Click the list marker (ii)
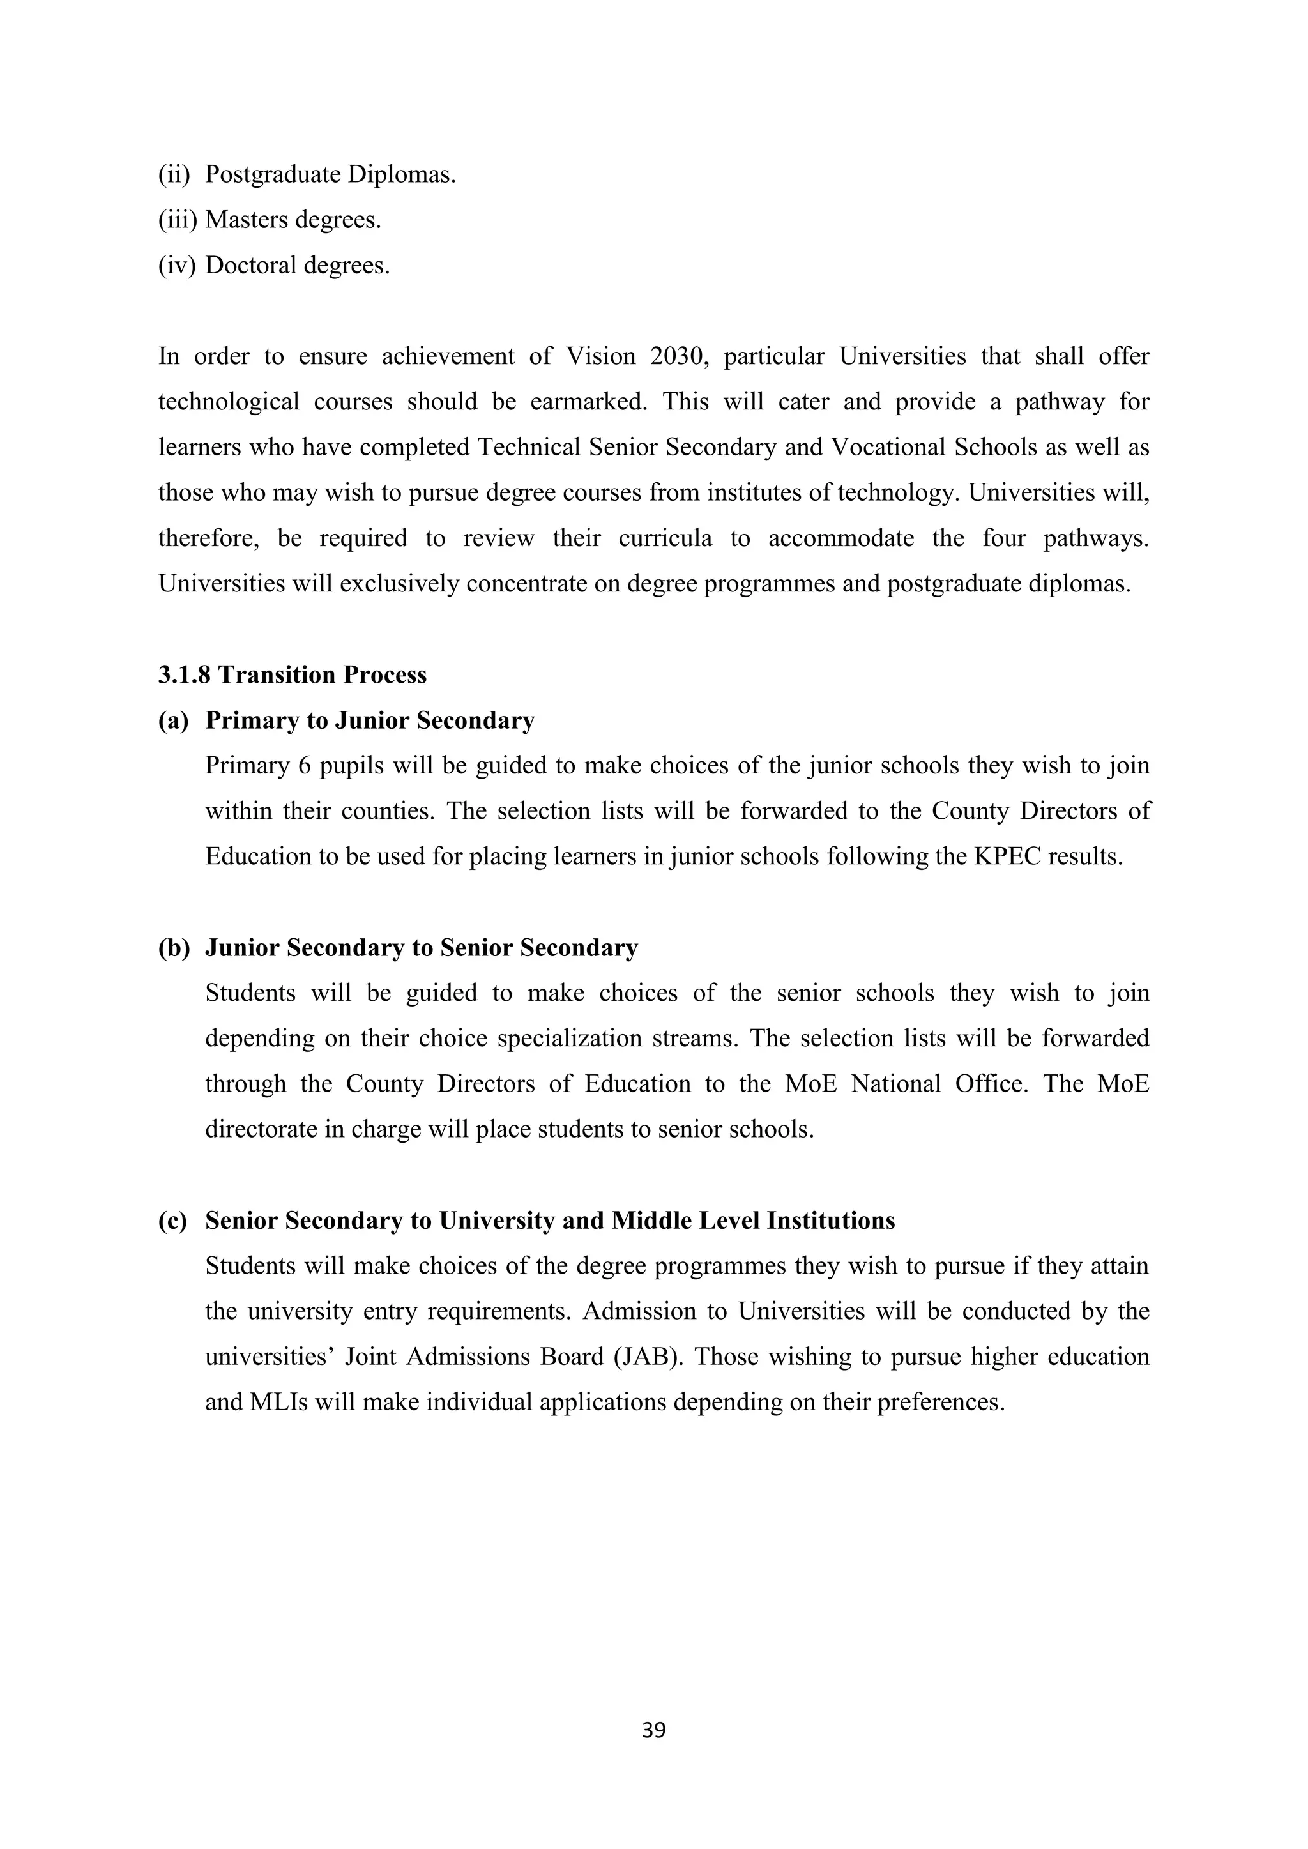coord(174,174)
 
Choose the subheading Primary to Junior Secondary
coord(370,720)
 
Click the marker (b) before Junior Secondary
coord(174,948)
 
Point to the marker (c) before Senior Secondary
coord(173,1221)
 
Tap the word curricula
coord(665,538)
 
